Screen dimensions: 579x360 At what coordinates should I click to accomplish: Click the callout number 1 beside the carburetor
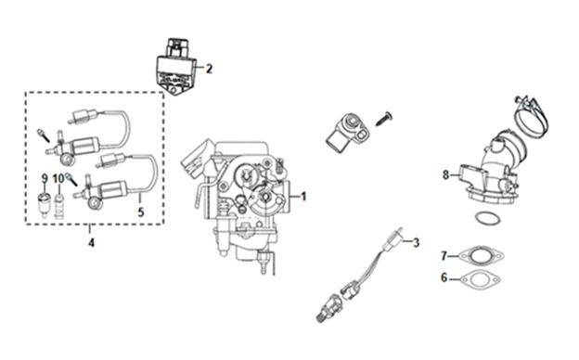coord(303,197)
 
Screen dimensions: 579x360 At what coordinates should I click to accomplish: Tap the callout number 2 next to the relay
coord(209,69)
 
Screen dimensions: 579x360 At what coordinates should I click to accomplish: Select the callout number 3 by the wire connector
coord(416,242)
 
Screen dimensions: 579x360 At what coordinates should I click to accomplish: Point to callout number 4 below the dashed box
coord(91,242)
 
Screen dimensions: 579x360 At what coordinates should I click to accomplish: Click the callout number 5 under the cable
coord(141,212)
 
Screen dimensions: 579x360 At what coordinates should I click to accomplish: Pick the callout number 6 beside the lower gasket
coord(444,277)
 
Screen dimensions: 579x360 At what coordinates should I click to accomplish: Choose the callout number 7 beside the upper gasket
coord(444,255)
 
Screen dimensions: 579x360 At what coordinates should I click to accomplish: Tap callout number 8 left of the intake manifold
coord(446,174)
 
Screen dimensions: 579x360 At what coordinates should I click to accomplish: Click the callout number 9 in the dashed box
coord(45,179)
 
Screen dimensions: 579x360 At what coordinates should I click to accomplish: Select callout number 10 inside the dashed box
coord(58,179)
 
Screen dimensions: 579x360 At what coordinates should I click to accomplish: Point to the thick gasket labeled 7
coord(481,256)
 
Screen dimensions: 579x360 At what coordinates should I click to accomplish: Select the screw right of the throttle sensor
coord(383,119)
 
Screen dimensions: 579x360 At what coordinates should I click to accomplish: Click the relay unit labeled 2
coord(175,66)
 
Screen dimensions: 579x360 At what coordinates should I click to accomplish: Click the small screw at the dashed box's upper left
coord(44,135)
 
